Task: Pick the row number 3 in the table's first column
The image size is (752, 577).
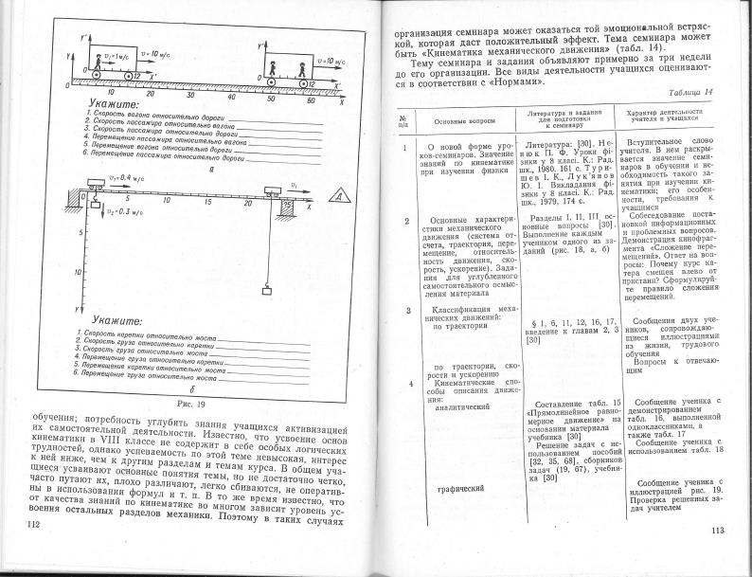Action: coord(409,310)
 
